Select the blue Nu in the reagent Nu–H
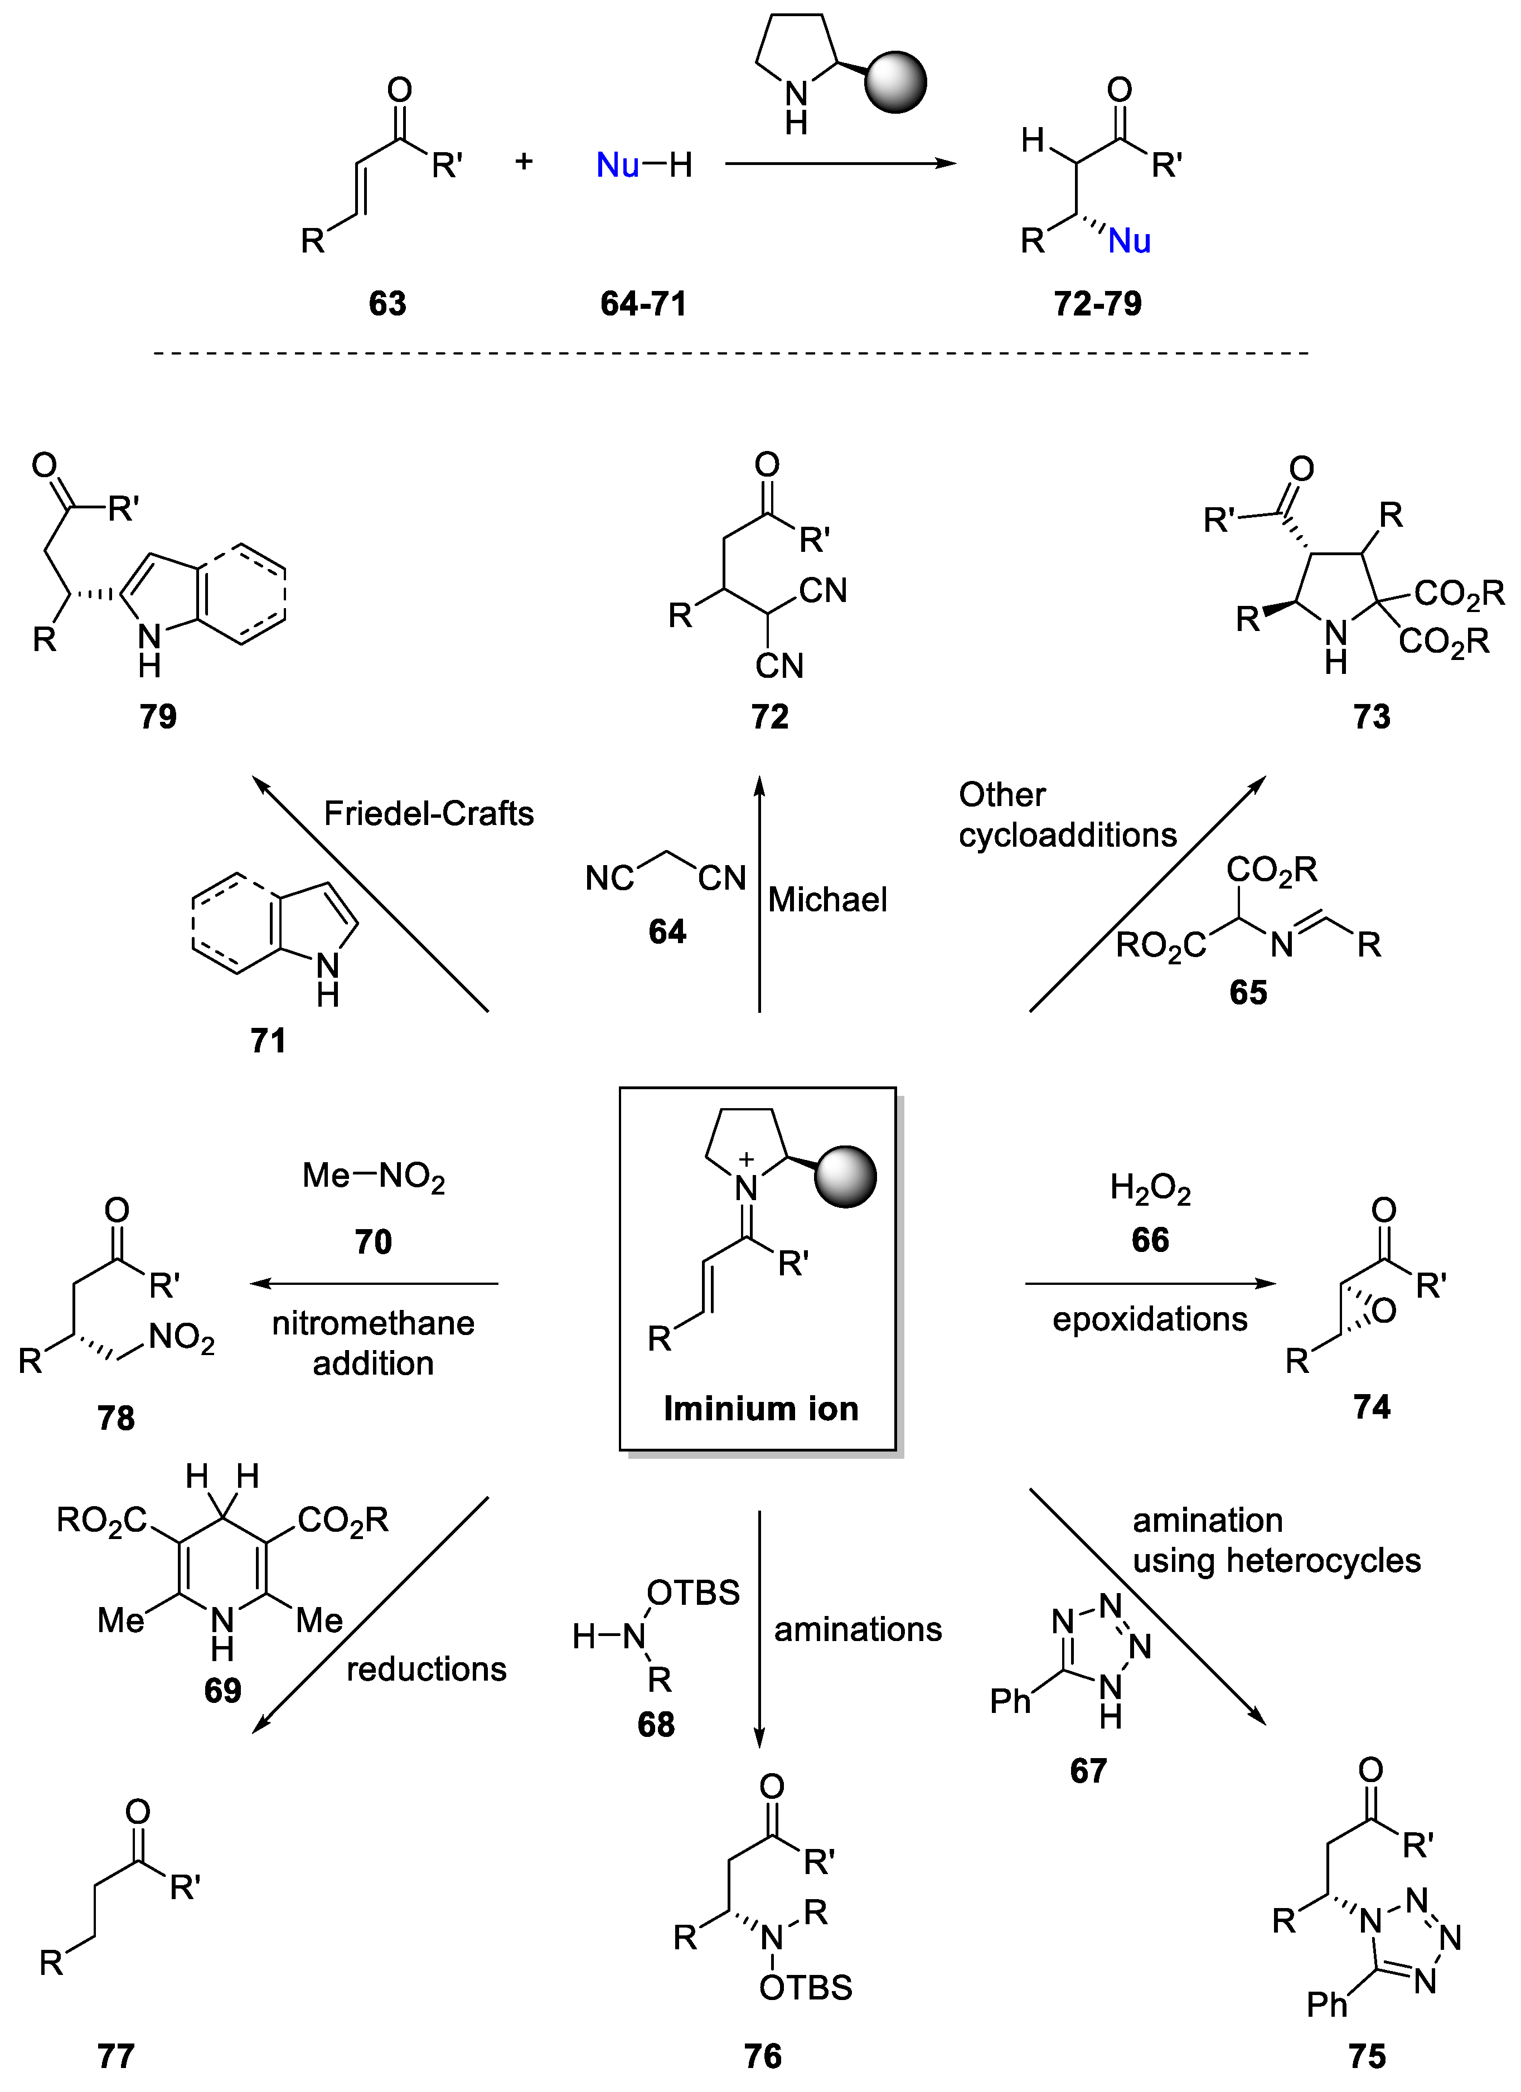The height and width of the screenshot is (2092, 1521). click(617, 165)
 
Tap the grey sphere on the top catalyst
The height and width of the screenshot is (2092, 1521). click(895, 83)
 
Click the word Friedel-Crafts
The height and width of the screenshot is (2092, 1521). click(428, 814)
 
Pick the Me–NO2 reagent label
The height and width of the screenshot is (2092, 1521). click(374, 1176)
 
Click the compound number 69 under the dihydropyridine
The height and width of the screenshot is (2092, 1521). click(222, 1690)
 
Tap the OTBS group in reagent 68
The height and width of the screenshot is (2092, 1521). click(692, 1592)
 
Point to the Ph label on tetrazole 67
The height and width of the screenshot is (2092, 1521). click(1010, 1700)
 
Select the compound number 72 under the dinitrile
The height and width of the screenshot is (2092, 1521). click(769, 717)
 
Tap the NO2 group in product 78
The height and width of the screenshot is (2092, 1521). click(182, 1337)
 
